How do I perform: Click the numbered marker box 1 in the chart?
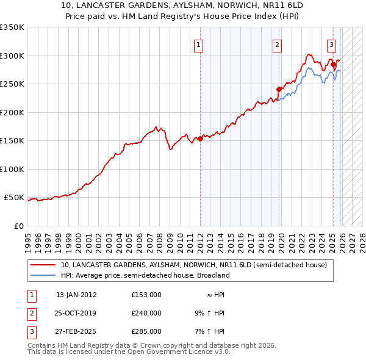199,44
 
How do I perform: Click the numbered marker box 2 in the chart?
278,44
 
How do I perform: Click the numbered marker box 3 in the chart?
331,44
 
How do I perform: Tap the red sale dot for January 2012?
200,139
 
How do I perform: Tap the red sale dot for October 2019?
279,89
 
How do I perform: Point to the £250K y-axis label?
12,84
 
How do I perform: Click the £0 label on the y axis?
18,226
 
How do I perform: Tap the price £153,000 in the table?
146,294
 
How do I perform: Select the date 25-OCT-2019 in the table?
76,313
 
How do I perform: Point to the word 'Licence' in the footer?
195,352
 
